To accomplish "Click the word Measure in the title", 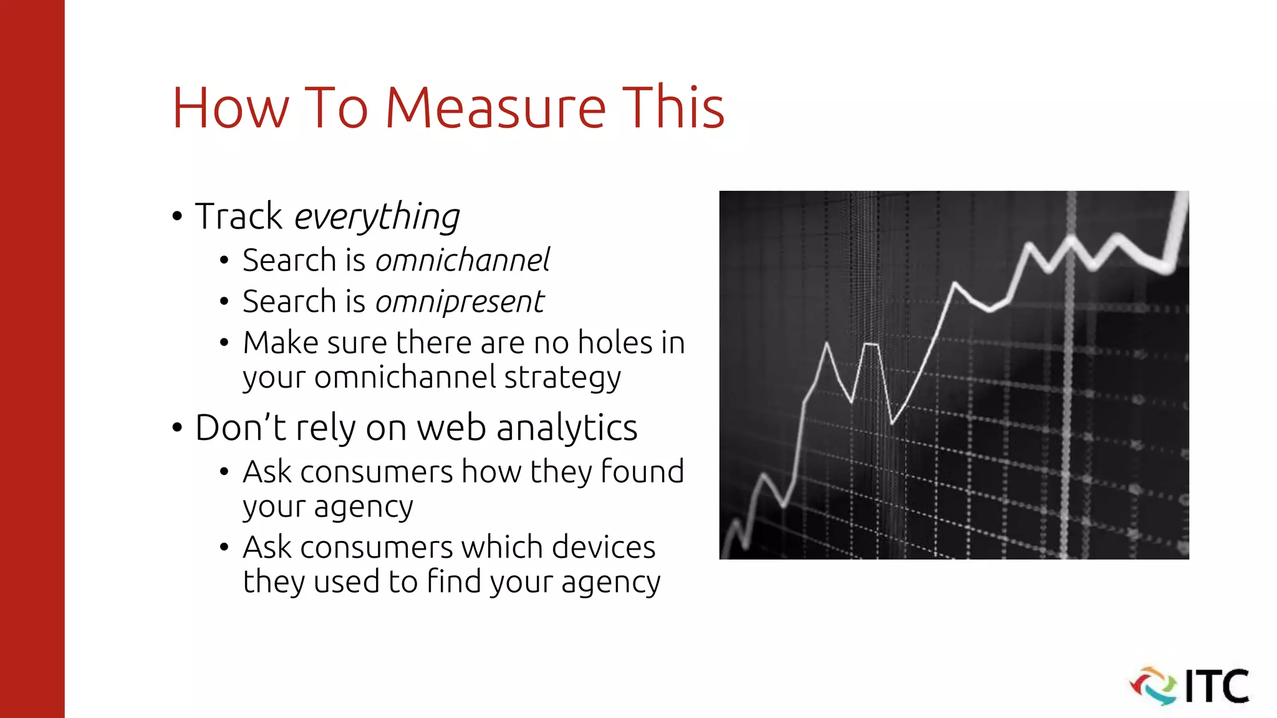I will point(495,108).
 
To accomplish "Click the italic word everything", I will point(377,217).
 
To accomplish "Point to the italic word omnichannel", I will point(462,260).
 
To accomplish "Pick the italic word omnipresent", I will point(460,302).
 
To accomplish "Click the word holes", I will point(615,343).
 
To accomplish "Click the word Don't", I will point(241,428).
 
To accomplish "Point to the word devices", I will point(604,547).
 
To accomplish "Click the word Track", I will point(239,216).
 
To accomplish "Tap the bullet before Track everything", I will point(177,217).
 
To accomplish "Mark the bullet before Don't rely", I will point(177,428).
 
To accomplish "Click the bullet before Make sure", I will point(224,343).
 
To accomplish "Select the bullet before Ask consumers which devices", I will point(224,547).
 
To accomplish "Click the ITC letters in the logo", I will point(1217,686).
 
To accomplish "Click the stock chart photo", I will point(953,375).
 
